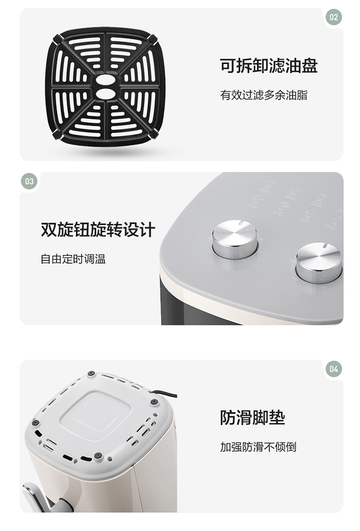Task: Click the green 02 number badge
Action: (334, 17)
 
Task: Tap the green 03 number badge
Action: (29, 181)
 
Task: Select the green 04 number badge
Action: (334, 369)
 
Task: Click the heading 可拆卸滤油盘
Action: (269, 66)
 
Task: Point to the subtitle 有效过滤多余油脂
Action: (264, 95)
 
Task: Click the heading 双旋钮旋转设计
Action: (98, 229)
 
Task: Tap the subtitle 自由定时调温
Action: (73, 259)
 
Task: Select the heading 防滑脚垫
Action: (252, 417)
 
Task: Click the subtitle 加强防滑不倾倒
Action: (258, 447)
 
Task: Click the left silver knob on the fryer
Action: (235, 239)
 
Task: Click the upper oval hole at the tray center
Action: (106, 79)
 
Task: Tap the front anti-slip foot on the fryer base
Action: (98, 455)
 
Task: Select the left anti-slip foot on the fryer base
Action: (35, 422)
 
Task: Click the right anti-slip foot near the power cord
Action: (154, 402)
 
